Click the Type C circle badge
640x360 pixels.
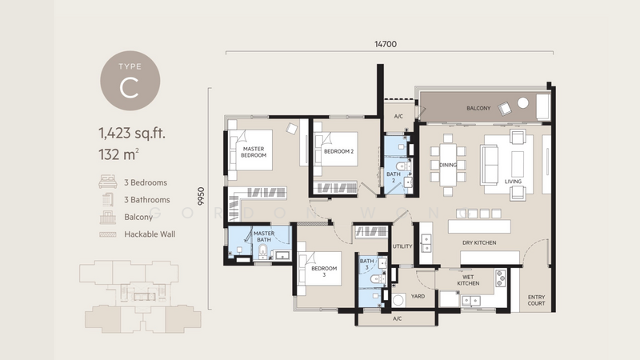pos(130,81)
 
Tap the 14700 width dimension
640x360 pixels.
pos(386,44)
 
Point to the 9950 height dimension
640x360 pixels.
pos(201,196)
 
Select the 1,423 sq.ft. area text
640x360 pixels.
pos(132,134)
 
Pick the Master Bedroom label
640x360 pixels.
pos(254,152)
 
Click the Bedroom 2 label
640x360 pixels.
pos(338,151)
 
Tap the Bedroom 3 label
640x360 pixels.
pos(324,271)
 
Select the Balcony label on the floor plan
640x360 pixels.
pos(478,108)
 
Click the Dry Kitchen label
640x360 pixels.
pos(479,243)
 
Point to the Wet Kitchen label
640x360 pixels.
pos(468,280)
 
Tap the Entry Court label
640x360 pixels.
pos(536,300)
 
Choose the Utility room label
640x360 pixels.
pos(402,246)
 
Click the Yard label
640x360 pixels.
pos(418,296)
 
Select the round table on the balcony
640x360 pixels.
pos(523,103)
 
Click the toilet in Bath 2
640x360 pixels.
pos(403,166)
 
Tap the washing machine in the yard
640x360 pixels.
pos(398,301)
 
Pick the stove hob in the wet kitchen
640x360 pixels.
pos(500,278)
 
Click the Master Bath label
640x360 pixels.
pos(264,236)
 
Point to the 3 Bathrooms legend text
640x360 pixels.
pos(147,200)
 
